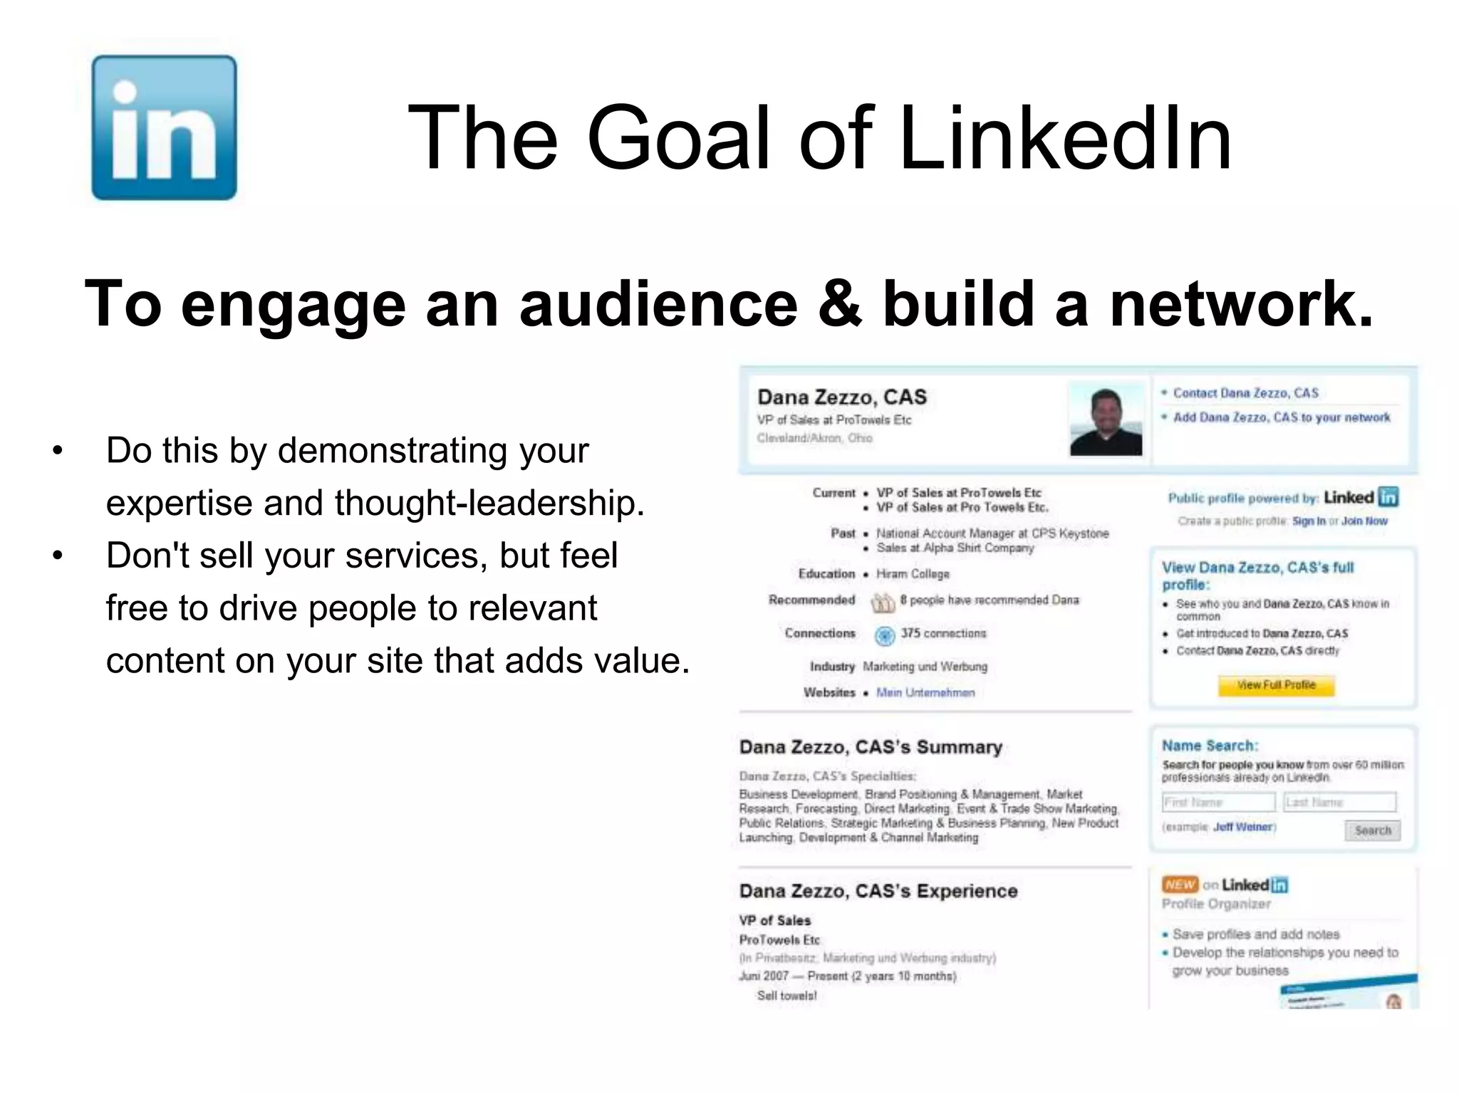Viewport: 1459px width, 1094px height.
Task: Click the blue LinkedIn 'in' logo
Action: pos(164,127)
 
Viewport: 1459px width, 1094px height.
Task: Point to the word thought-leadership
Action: pos(489,503)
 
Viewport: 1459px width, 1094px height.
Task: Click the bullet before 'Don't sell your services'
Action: pos(58,556)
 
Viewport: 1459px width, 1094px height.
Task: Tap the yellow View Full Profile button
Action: pos(1276,685)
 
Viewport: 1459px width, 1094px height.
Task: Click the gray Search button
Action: pos(1372,830)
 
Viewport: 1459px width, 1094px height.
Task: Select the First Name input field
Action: pos(1218,803)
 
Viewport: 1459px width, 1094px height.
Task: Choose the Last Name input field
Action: pos(1339,803)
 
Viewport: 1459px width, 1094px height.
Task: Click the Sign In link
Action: pos(1309,521)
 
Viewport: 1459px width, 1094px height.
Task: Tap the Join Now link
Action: pos(1364,521)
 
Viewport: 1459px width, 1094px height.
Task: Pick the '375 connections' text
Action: pos(943,633)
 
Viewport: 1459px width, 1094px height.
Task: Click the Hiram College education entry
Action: pos(913,574)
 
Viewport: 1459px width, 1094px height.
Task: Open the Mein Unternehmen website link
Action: pos(925,692)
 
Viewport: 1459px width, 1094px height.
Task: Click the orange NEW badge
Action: pos(1180,885)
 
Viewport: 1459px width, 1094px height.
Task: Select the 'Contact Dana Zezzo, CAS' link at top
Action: pos(1245,393)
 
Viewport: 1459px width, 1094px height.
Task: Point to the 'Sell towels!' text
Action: pos(786,996)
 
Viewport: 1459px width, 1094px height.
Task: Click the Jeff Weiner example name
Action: pos(1242,827)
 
